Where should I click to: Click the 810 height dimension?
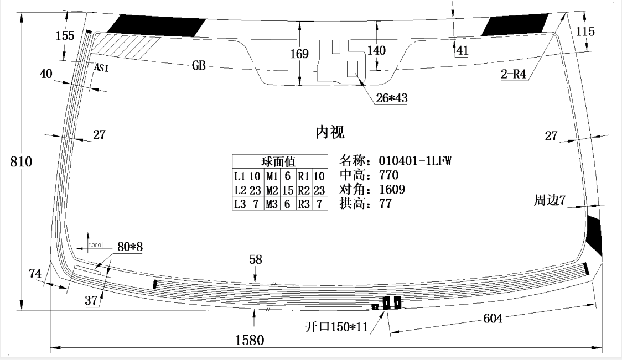click(x=21, y=162)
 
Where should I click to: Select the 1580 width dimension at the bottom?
click(x=250, y=340)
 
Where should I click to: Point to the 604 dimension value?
click(x=493, y=319)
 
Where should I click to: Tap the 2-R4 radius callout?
click(x=514, y=74)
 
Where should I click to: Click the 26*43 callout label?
click(x=392, y=98)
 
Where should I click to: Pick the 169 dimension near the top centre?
click(x=299, y=54)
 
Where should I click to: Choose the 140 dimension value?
click(x=376, y=50)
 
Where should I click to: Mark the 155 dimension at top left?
click(x=65, y=36)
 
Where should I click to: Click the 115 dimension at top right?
click(x=585, y=32)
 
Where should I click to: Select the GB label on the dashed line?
click(x=199, y=65)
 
